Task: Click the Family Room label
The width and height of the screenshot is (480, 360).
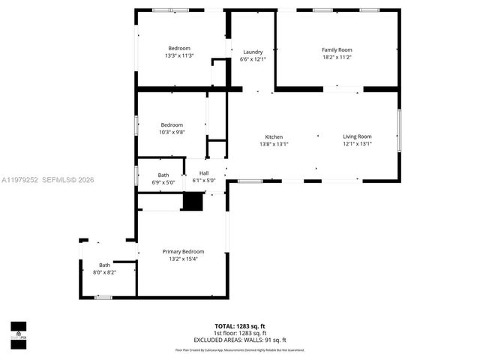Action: (337, 50)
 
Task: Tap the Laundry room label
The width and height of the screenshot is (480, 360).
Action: (253, 52)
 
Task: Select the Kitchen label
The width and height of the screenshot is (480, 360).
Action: (274, 136)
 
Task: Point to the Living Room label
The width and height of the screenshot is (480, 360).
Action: (357, 136)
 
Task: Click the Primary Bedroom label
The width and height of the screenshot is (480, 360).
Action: (183, 251)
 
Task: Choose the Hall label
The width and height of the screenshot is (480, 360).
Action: (204, 173)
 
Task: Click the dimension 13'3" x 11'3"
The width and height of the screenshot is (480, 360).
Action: (179, 55)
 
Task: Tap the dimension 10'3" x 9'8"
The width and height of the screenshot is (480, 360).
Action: (172, 132)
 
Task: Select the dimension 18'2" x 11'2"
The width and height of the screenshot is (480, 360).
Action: (337, 57)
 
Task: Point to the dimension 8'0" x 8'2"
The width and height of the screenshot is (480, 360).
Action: (104, 272)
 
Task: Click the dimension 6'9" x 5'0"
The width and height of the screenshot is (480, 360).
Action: (163, 181)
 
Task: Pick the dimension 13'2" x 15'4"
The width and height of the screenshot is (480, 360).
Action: (183, 259)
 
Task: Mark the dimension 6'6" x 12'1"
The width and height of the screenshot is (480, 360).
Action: (253, 59)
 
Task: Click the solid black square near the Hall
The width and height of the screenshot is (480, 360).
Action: (193, 201)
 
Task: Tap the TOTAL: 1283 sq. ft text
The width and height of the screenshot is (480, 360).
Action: (240, 326)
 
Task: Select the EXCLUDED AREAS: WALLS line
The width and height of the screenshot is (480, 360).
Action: (240, 339)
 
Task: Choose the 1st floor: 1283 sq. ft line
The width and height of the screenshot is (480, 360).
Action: (240, 333)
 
